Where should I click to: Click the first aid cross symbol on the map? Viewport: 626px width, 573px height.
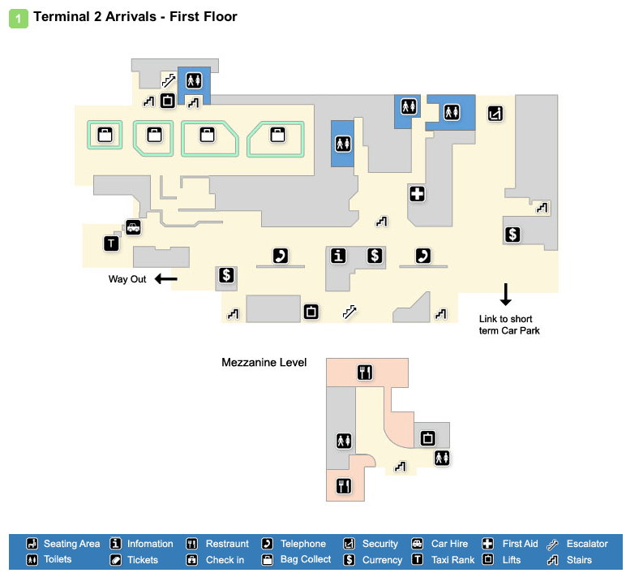pos(417,194)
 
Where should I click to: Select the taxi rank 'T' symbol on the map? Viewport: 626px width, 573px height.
pos(111,243)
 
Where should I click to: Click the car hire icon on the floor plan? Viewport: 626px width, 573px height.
pos(132,228)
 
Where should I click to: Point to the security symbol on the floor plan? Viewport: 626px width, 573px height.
pos(495,114)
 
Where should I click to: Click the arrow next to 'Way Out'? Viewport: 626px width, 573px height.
pos(165,279)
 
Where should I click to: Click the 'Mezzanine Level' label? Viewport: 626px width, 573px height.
pos(264,363)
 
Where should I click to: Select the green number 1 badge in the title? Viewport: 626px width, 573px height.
pos(18,17)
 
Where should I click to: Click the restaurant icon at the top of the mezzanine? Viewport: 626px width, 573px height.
pos(364,373)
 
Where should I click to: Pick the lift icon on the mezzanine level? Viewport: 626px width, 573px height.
pos(427,438)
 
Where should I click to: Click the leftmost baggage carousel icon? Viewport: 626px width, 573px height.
pos(105,135)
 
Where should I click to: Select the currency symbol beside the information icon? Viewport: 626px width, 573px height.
pos(374,256)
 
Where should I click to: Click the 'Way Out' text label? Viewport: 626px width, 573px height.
pos(127,279)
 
